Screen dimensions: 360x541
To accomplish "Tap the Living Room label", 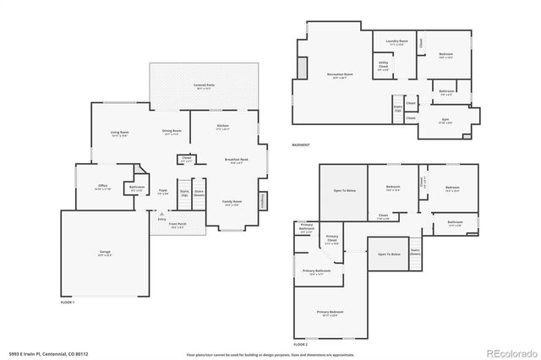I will pyautogui.click(x=119, y=133).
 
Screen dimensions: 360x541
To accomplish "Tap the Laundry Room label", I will pyautogui.click(x=397, y=41).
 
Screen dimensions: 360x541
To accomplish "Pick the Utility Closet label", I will pyautogui.click(x=383, y=67).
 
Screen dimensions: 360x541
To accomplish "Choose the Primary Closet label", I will pyautogui.click(x=332, y=240).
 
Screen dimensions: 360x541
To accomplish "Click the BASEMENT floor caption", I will pyautogui.click(x=302, y=145).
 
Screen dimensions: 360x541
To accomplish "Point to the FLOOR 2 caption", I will pyautogui.click(x=300, y=345).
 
